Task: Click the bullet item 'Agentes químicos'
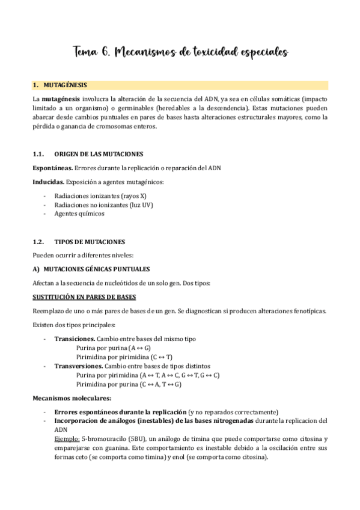click(79, 214)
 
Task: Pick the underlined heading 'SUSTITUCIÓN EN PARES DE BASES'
click(84, 297)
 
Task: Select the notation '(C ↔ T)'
click(158, 357)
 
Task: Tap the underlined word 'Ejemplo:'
click(67, 439)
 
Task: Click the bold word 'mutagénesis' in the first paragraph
click(63, 97)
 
